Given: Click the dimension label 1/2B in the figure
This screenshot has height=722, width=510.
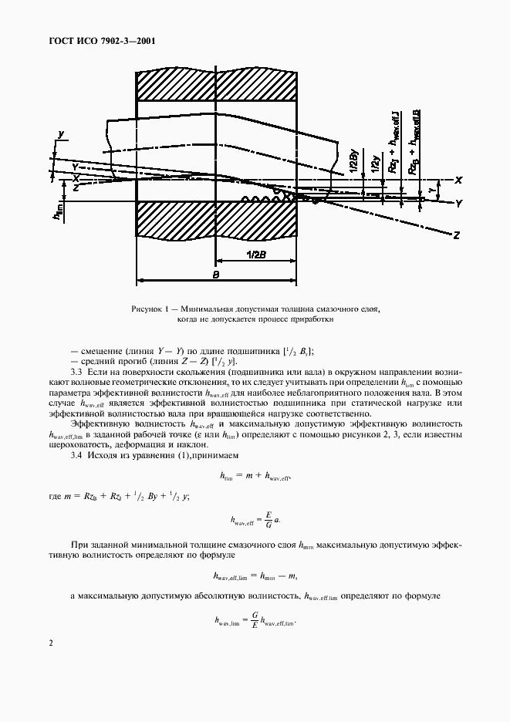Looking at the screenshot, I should coord(255,255).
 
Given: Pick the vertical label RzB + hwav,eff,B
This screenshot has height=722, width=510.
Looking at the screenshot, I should coord(417,143).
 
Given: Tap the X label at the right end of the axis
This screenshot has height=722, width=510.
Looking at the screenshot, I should coord(458,180).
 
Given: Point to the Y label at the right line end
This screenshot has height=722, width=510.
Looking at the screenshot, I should coord(458,203).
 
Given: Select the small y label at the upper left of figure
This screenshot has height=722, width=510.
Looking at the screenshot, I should coord(59,134).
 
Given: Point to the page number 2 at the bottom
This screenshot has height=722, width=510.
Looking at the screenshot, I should coord(51,643).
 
